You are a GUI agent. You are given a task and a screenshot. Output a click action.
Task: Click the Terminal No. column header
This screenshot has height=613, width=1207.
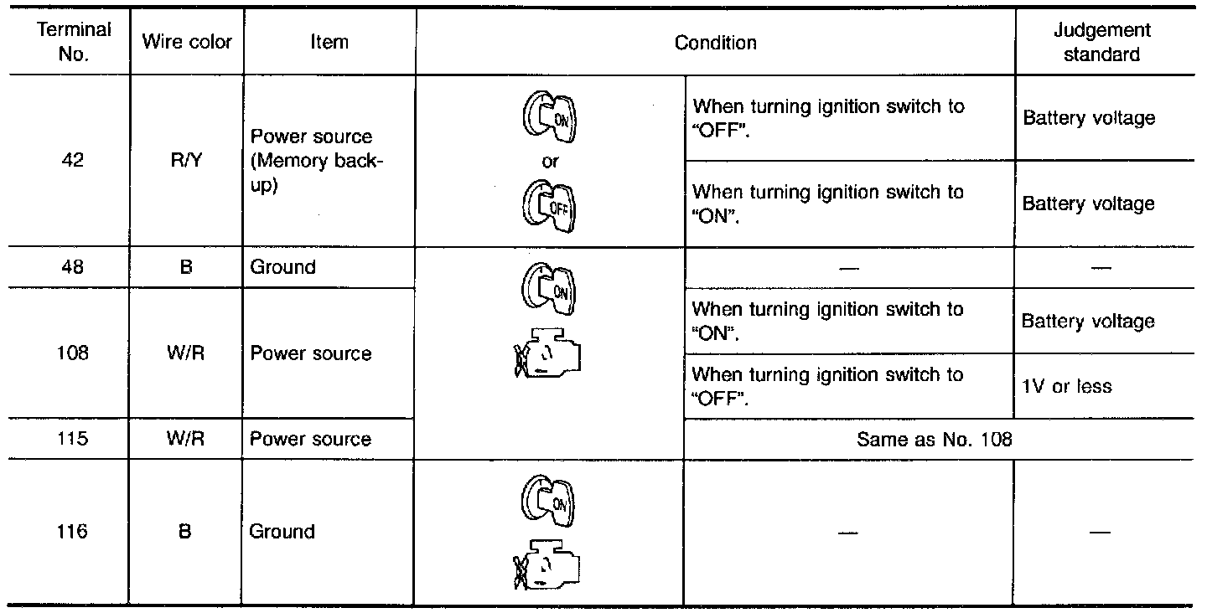click(75, 42)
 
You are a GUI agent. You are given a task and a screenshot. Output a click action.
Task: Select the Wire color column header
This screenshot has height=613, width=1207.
click(187, 42)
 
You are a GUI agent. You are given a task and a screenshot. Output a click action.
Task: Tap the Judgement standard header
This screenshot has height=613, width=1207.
click(1101, 42)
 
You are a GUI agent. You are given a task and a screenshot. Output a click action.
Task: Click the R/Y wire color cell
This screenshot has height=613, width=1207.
click(186, 162)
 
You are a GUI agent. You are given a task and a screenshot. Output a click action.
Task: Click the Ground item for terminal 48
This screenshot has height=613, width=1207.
click(282, 268)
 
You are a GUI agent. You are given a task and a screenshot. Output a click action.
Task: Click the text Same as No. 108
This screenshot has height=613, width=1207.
click(935, 440)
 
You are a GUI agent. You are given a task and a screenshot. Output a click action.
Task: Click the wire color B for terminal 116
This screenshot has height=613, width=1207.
click(186, 532)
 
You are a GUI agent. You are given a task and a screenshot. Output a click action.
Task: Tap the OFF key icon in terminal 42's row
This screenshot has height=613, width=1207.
click(551, 203)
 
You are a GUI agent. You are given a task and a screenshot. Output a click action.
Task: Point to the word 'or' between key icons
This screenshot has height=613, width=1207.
click(550, 162)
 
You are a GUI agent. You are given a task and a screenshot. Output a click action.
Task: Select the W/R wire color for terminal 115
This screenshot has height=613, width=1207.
click(186, 440)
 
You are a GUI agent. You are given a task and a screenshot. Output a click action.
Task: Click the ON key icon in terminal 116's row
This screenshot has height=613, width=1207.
click(551, 502)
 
